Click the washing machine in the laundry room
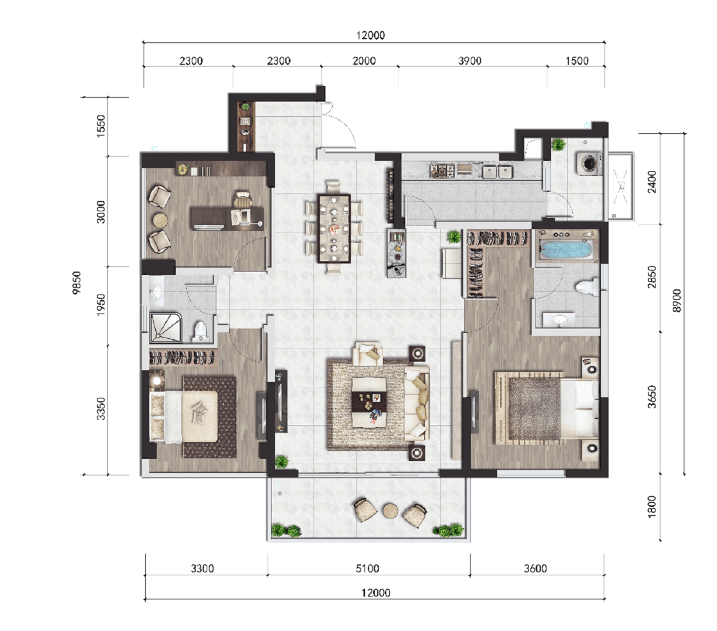click(x=588, y=163)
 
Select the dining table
click(x=334, y=229)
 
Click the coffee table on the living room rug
click(x=369, y=402)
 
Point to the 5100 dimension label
click(x=367, y=568)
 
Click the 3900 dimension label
click(x=470, y=61)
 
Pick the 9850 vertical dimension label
click(x=76, y=282)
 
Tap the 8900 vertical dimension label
click(x=676, y=300)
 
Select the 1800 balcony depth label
click(x=652, y=507)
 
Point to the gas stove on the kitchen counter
click(x=441, y=171)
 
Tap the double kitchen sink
click(x=497, y=172)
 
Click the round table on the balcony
click(x=390, y=510)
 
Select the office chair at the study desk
click(x=242, y=200)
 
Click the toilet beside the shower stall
click(x=200, y=331)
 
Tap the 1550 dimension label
click(x=101, y=126)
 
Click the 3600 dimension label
click(x=535, y=568)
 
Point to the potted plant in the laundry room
click(x=558, y=144)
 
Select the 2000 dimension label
click(x=364, y=61)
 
